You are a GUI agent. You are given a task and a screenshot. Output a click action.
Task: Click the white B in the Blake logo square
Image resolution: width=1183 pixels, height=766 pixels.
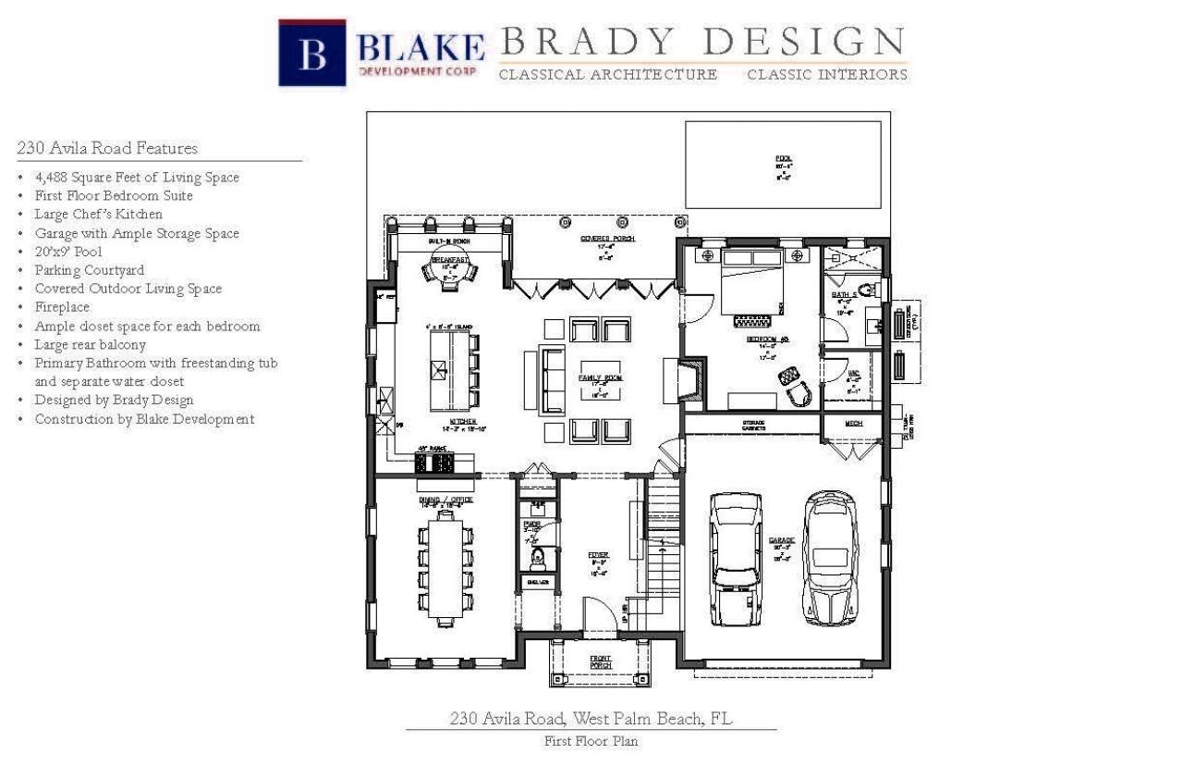[312, 54]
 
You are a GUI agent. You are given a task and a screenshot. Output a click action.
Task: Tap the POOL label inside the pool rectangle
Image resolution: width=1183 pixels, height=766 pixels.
[783, 158]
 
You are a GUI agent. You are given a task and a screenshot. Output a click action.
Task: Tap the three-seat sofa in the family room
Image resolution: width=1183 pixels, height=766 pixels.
[552, 380]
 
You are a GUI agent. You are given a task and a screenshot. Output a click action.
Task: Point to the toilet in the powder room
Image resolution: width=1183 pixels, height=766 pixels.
[537, 558]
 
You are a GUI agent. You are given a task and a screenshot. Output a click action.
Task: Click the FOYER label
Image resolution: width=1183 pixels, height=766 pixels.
[599, 555]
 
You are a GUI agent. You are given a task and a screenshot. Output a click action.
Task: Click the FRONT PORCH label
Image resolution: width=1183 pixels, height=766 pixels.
[601, 661]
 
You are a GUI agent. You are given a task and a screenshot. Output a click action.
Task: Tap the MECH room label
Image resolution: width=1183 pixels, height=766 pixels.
[853, 424]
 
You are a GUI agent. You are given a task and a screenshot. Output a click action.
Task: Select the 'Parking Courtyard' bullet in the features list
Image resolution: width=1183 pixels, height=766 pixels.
[89, 270]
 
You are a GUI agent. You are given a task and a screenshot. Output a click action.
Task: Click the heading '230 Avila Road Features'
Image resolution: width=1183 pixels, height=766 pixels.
[107, 148]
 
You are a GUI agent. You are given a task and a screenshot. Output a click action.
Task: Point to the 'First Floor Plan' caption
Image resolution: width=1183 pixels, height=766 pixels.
[591, 741]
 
